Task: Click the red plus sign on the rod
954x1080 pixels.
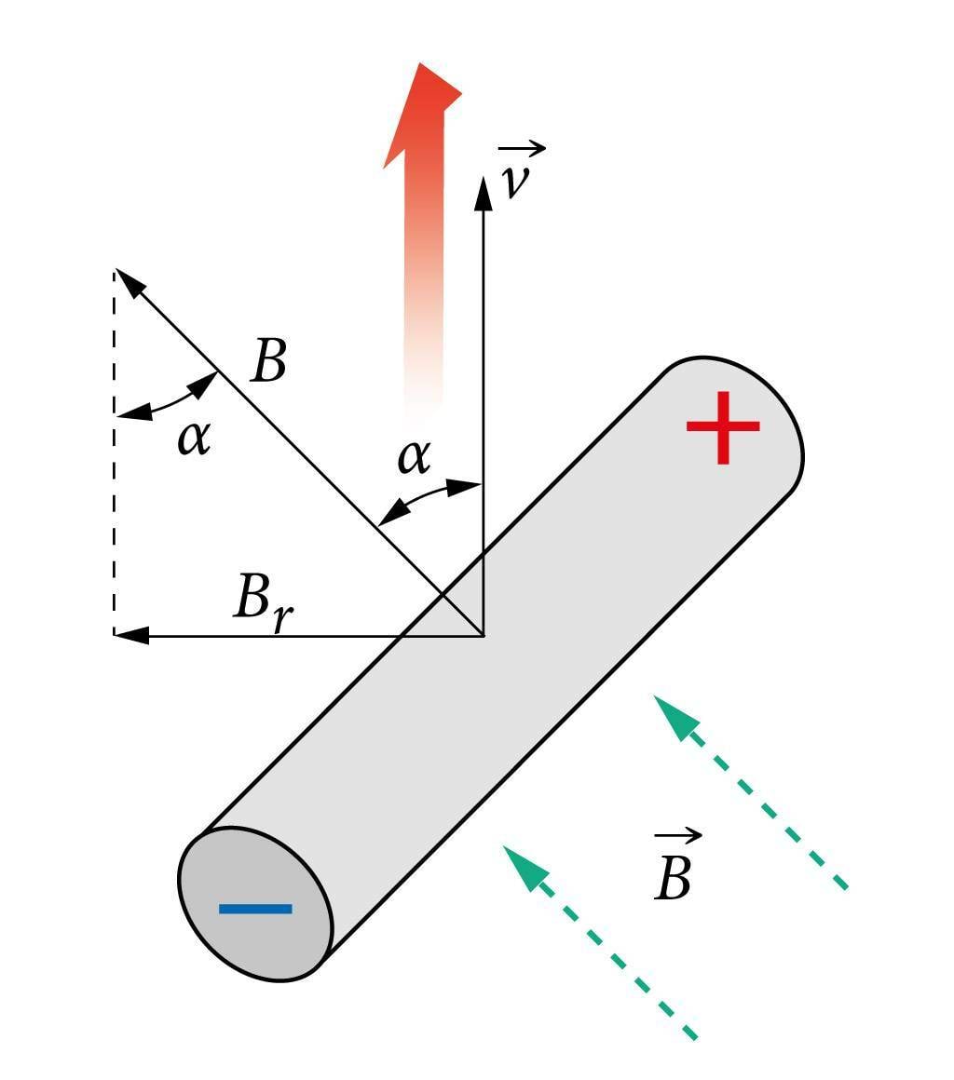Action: click(x=723, y=427)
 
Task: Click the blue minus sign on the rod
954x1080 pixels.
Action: click(x=255, y=909)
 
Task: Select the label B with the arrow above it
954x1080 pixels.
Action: click(x=674, y=876)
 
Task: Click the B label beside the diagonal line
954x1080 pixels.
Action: click(x=268, y=361)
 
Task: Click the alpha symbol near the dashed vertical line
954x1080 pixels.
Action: click(x=194, y=437)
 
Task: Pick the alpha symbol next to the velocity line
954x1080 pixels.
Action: click(x=414, y=456)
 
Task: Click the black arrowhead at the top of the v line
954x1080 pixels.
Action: click(x=483, y=192)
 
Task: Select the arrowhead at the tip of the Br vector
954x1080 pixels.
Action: click(x=131, y=636)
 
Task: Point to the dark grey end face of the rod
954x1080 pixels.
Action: click(x=254, y=903)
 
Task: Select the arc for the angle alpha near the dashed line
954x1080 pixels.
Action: click(x=168, y=401)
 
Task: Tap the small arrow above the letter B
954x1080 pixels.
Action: click(x=678, y=835)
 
